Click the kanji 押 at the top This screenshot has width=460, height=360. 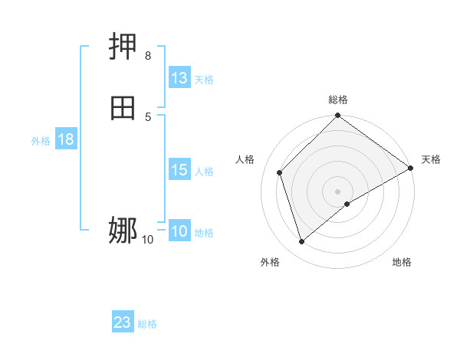tap(123, 47)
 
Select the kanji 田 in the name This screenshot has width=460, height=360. tap(123, 108)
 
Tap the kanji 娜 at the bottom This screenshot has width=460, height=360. tap(123, 230)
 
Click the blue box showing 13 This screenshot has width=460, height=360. tap(179, 78)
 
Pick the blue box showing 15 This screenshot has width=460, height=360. tap(179, 170)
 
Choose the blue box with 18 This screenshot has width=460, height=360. tap(66, 139)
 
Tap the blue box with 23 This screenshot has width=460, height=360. tap(123, 322)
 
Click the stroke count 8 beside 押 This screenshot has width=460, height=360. tap(148, 56)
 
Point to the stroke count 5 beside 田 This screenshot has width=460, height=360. tap(148, 116)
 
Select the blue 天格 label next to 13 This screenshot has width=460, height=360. tap(204, 79)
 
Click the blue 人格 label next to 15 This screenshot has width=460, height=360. tap(205, 171)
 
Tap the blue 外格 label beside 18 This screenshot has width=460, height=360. tap(41, 140)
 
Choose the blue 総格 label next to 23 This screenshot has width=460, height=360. tap(147, 323)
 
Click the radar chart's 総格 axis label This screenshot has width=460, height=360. tap(338, 100)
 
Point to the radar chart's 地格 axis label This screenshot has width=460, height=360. tap(402, 262)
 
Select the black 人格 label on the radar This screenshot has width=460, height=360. tap(245, 159)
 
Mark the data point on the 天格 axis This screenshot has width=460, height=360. tap(411, 168)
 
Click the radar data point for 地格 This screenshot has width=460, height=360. tap(347, 204)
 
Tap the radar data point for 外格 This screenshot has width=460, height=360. tap(302, 241)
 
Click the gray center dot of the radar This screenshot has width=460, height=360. tap(338, 191)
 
